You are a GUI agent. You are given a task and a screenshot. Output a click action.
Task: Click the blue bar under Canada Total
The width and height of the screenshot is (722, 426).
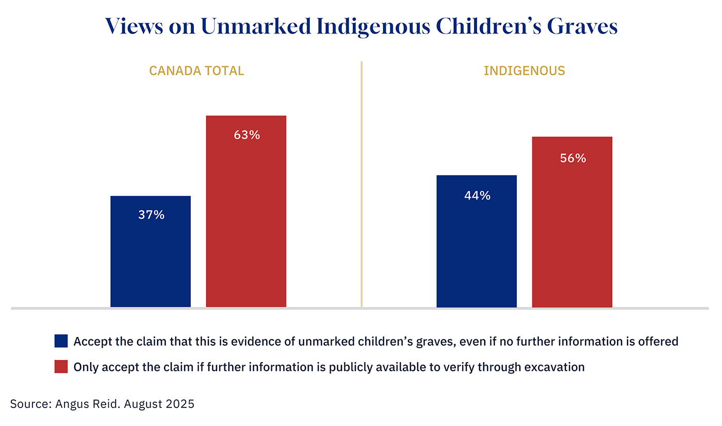151,258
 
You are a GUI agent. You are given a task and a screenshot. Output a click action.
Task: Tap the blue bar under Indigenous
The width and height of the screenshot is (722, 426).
477,248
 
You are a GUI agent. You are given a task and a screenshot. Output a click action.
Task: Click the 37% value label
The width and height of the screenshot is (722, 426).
151,215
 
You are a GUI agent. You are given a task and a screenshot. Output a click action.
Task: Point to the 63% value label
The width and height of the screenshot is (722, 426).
247,135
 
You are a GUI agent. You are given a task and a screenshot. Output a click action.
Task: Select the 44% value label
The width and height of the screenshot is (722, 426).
477,195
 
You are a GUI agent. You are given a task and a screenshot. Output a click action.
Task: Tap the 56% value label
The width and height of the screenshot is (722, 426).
572,158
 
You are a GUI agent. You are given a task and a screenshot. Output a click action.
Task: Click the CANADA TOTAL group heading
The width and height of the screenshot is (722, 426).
196,71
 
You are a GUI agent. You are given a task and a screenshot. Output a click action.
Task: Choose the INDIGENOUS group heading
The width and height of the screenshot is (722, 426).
524,71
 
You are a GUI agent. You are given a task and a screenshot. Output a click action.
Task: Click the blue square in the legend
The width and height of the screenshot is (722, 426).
61,341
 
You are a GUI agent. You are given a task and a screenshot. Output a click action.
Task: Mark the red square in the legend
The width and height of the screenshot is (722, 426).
61,367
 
